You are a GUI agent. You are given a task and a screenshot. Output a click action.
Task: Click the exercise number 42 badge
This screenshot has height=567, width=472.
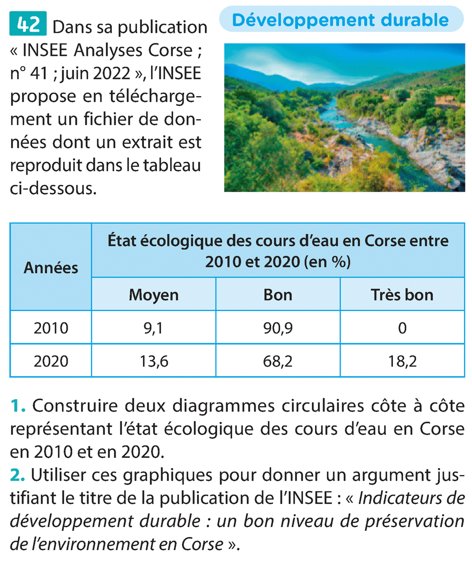click(x=28, y=24)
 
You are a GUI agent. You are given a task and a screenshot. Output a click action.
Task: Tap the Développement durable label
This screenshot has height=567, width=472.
click(x=341, y=20)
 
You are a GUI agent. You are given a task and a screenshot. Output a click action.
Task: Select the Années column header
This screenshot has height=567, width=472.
click(x=51, y=267)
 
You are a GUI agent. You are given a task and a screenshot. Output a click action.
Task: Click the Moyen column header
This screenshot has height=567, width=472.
click(x=153, y=295)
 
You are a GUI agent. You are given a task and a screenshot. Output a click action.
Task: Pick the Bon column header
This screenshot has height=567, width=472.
click(x=278, y=295)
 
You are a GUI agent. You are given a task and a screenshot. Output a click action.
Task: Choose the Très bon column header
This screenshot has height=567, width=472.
click(x=402, y=295)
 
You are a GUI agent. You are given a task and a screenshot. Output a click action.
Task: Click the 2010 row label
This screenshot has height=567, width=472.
click(x=51, y=328)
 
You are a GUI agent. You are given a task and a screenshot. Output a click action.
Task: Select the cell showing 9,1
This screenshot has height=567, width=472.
click(x=153, y=328)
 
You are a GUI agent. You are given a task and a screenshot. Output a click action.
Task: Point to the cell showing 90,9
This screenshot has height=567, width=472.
click(x=278, y=328)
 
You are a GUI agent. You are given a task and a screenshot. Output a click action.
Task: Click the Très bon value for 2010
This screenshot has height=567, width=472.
click(x=402, y=328)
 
